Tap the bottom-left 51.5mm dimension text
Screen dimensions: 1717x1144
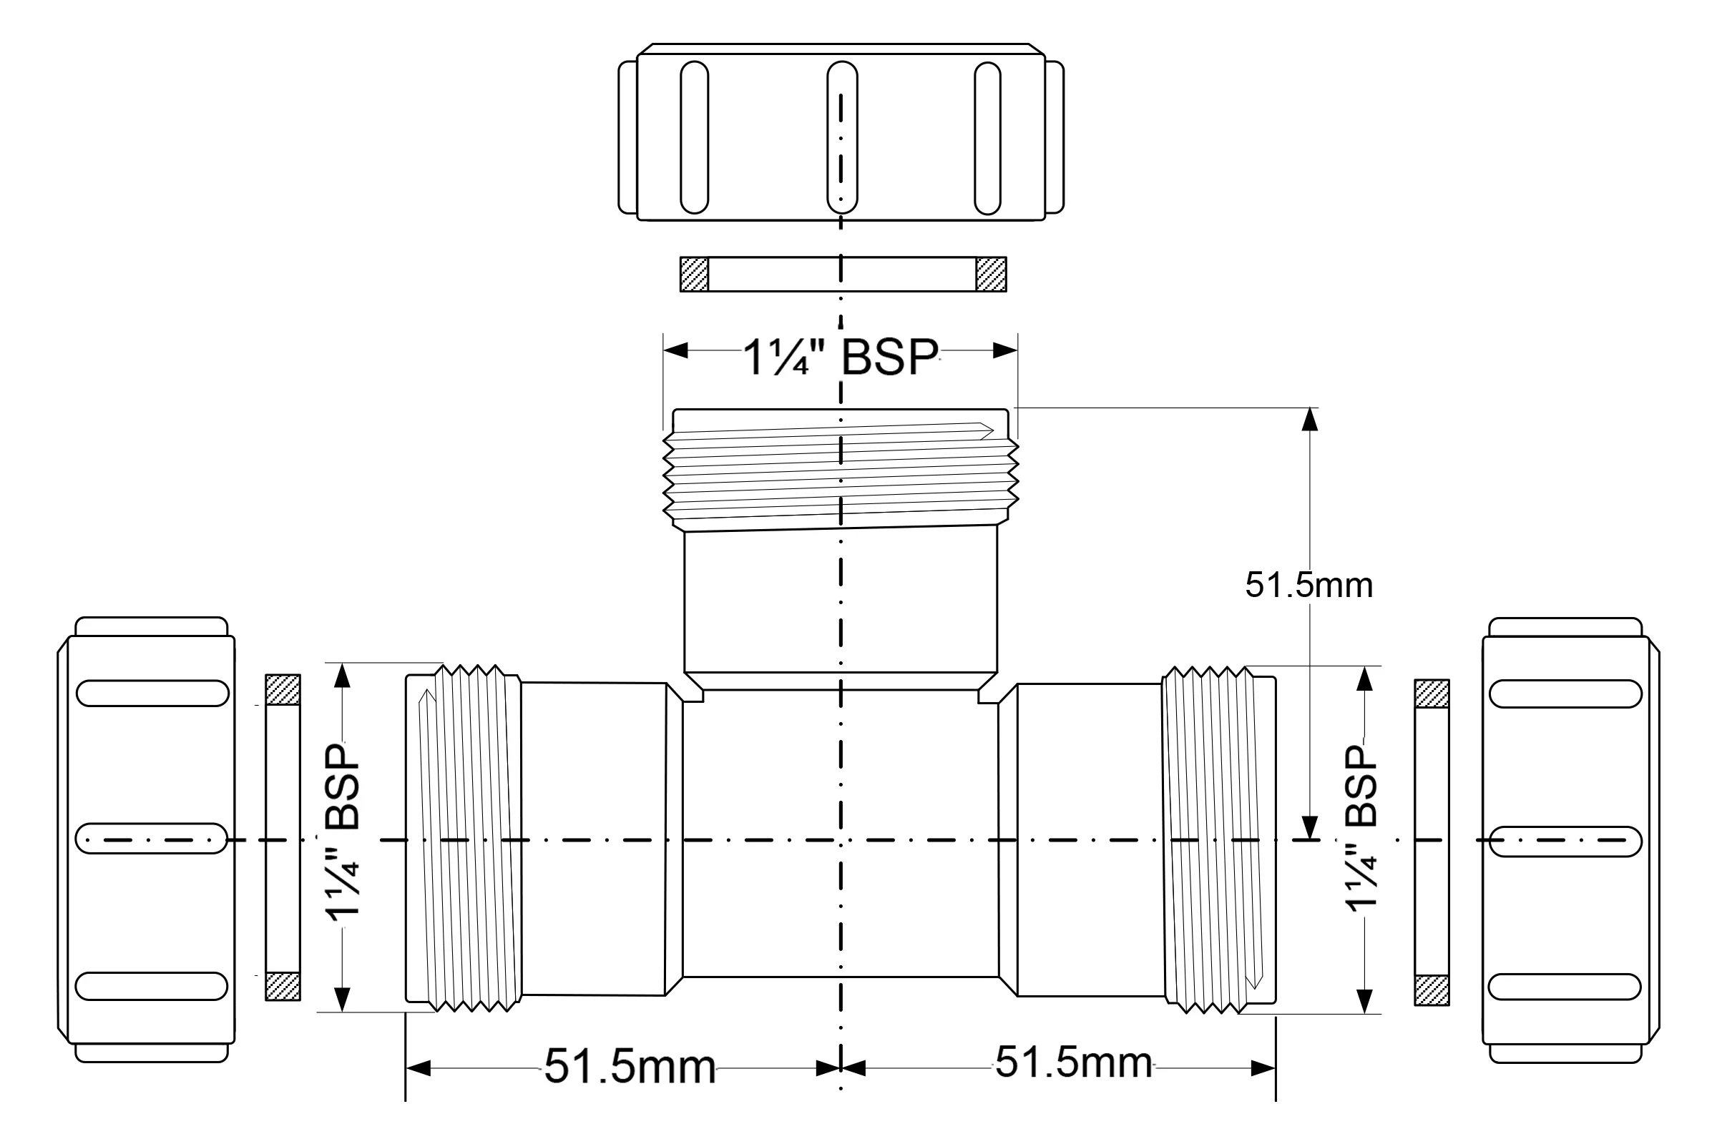(630, 1067)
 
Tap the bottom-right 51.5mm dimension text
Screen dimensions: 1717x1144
(1074, 1062)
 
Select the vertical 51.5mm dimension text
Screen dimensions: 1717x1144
(1309, 585)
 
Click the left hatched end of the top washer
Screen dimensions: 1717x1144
(694, 275)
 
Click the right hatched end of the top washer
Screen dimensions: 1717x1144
(992, 275)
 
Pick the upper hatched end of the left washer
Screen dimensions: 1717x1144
(283, 689)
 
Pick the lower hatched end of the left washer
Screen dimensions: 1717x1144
(283, 987)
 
